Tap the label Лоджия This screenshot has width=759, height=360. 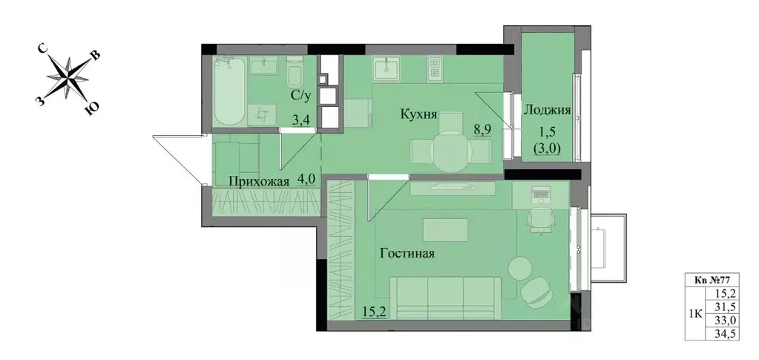(x=547, y=111)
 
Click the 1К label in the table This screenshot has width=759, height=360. (x=696, y=313)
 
